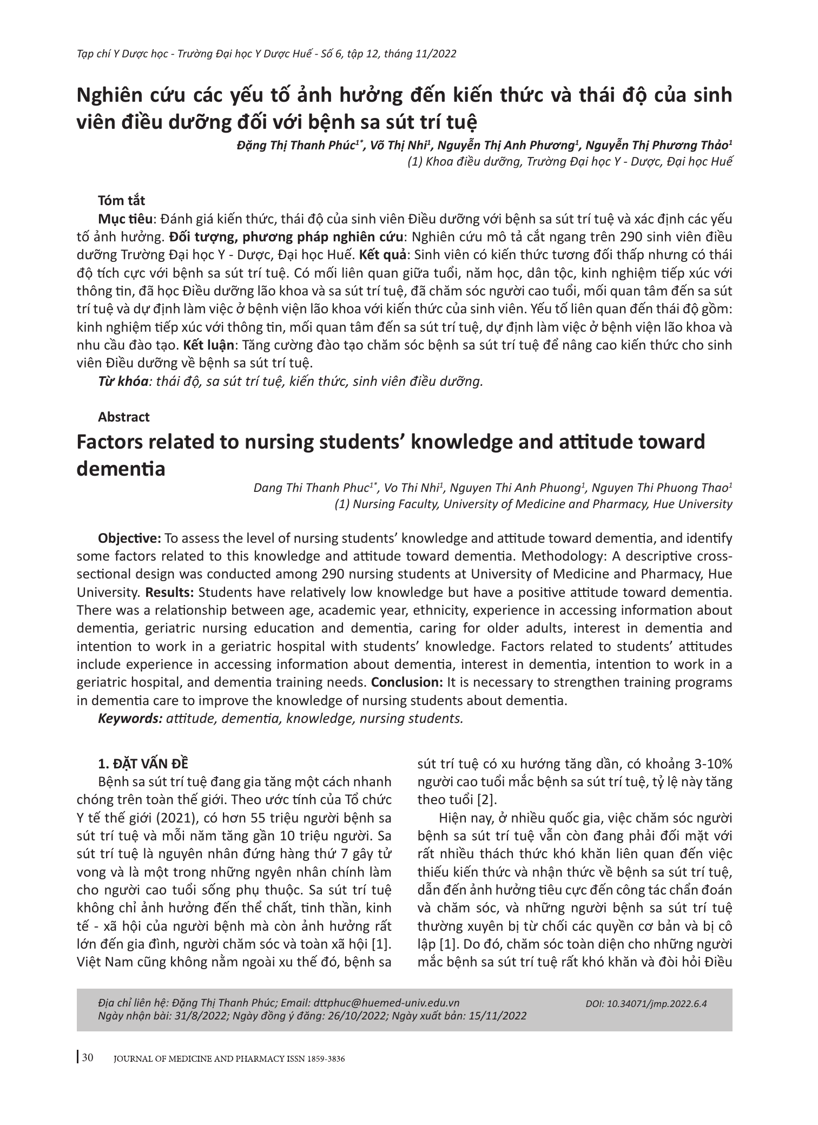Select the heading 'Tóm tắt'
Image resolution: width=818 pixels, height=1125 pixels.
pos(121,200)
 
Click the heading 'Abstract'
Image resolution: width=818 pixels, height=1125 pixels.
pos(123,417)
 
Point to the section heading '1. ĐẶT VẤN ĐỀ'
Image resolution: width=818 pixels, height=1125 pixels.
pos(143,764)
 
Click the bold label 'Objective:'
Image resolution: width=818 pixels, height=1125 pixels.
pos(129,538)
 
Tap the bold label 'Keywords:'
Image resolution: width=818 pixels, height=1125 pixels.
pos(130,719)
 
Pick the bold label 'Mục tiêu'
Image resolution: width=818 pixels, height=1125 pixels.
pos(124,219)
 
